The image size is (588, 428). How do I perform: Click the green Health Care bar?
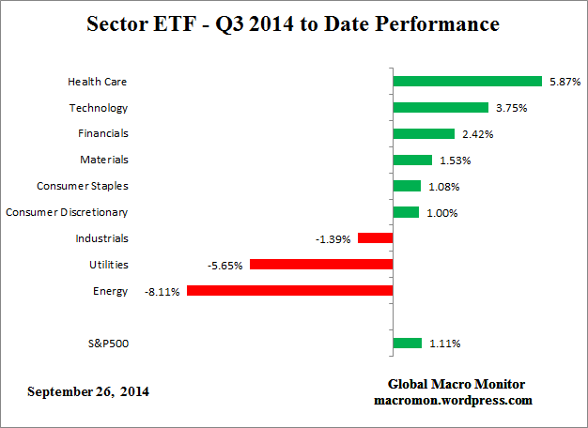tap(467, 82)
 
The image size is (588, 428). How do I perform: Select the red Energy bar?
tap(289, 291)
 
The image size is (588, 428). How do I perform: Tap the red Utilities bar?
tap(320, 265)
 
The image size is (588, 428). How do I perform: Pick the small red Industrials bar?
tap(375, 238)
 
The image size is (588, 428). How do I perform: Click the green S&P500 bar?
tap(407, 344)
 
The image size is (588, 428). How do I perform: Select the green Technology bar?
tap(441, 108)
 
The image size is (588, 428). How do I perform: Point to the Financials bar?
tap(424, 134)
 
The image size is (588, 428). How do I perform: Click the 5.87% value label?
tap(564, 82)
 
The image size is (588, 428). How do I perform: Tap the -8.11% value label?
tap(162, 292)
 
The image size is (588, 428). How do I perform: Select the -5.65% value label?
tap(225, 266)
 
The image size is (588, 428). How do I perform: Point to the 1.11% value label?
tap(443, 344)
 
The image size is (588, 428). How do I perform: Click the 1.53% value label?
tap(455, 160)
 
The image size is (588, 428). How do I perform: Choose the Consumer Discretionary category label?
tap(67, 212)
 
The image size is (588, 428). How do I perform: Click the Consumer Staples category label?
tap(82, 186)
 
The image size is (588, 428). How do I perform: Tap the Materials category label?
tap(104, 160)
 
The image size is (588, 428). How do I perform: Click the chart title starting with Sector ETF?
tap(293, 23)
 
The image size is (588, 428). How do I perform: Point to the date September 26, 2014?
tap(88, 390)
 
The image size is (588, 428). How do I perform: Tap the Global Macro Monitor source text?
tap(456, 385)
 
